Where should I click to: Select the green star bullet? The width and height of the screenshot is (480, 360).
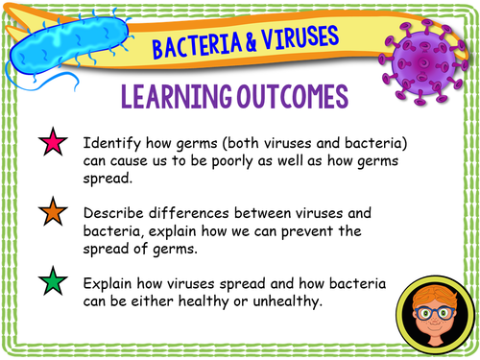tap(50, 284)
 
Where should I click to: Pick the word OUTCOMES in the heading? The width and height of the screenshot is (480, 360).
tap(289, 97)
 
